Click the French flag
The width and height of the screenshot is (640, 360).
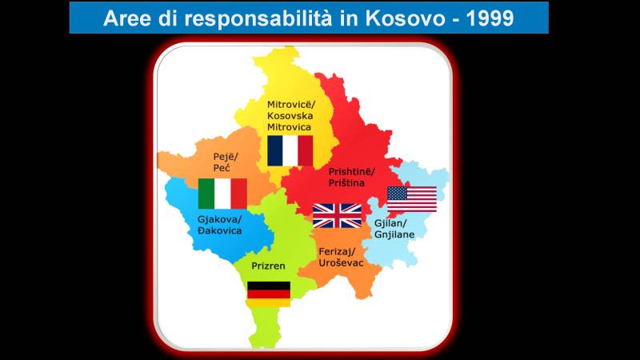(290, 151)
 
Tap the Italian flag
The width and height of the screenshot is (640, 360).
(222, 194)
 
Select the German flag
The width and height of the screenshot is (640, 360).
(269, 294)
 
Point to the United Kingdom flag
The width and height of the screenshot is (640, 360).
(337, 215)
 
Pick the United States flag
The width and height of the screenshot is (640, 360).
(412, 199)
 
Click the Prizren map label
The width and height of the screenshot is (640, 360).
(268, 266)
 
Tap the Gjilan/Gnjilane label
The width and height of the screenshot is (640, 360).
(394, 229)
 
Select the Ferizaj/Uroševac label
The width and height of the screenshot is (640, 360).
(341, 257)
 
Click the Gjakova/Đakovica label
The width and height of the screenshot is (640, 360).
(219, 225)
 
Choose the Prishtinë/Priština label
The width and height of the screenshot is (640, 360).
(351, 177)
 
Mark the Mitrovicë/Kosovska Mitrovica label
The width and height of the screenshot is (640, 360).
(291, 115)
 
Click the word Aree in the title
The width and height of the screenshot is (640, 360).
(127, 18)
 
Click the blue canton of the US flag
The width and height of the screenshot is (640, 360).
(397, 193)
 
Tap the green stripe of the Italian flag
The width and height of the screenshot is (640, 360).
(206, 194)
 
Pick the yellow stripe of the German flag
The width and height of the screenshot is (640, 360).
(269, 303)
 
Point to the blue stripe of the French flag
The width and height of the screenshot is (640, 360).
(275, 151)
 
